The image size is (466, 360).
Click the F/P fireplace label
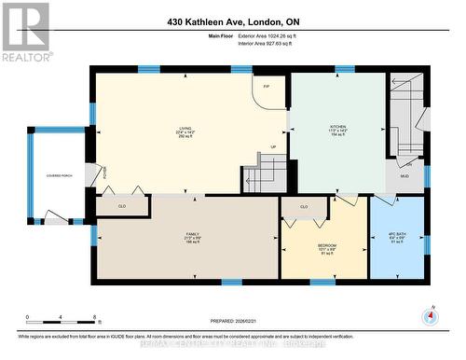pyautogui.click(x=267, y=86)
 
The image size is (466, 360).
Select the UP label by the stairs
pyautogui.click(x=273, y=146)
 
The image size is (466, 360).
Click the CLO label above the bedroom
pyautogui.click(x=304, y=206)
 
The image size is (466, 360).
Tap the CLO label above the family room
pyautogui.click(x=121, y=203)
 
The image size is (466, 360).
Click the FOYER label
pyautogui.click(x=104, y=171)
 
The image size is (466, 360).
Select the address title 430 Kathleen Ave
pyautogui.click(x=232, y=21)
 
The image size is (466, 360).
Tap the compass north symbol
pyautogui.click(x=430, y=315)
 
